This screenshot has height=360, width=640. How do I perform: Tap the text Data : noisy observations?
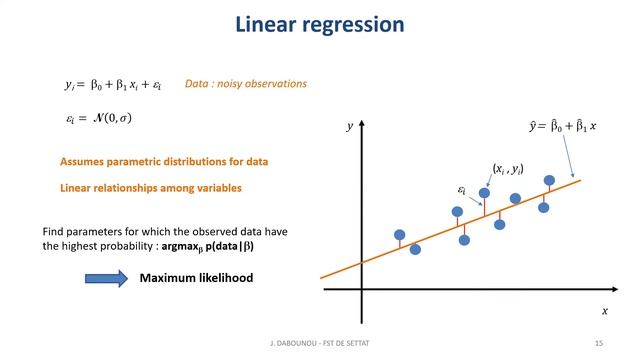pos(246,85)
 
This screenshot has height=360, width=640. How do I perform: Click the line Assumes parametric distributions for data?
pos(164,161)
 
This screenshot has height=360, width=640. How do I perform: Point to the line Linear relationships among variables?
pos(151,187)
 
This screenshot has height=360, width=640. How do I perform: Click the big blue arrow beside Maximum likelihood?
pos(100,277)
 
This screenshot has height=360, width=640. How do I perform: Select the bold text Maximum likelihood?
pos(196,277)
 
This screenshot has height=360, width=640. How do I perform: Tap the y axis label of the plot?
pos(350,127)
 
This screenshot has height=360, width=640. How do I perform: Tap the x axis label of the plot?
pos(604,311)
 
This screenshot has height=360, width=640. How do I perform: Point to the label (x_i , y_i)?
pos(508,170)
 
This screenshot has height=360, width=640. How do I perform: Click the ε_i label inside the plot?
pos(462,188)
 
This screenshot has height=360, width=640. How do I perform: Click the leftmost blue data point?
pos(400,236)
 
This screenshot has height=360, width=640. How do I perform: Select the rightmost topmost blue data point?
pos(549,181)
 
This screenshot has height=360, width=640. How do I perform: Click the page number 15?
pos(599,343)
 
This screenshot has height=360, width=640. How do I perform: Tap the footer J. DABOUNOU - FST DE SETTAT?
pos(319,343)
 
